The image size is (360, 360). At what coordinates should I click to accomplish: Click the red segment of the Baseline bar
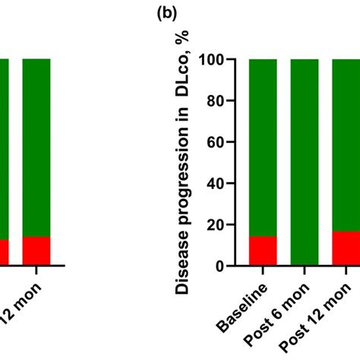[263, 251]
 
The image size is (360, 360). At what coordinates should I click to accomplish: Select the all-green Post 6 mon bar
[304, 163]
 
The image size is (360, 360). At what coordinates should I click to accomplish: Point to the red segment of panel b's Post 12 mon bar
[345, 249]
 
